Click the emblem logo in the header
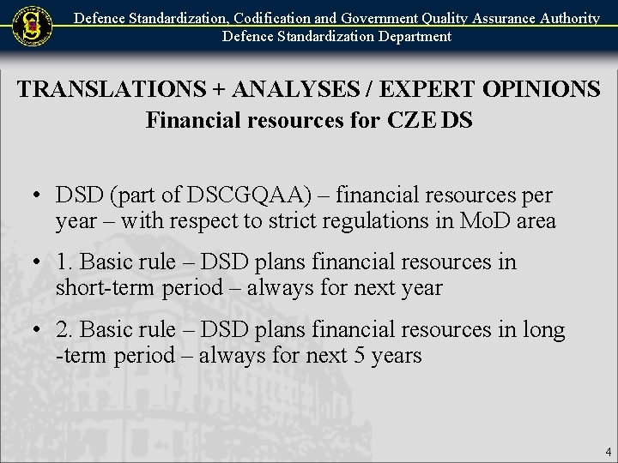click(x=32, y=27)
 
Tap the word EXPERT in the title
click(x=414, y=89)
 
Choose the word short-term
click(x=104, y=287)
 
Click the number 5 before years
click(x=360, y=354)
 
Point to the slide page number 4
click(x=608, y=451)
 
